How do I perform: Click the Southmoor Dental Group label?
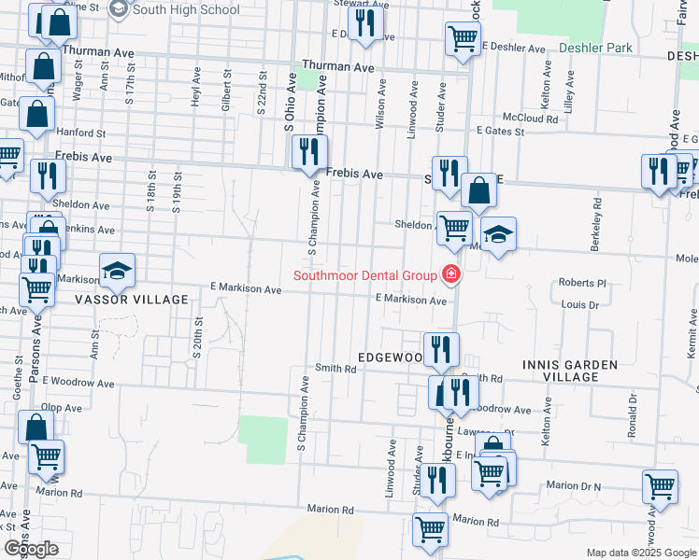(x=364, y=274)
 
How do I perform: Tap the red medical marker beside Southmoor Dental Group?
(x=451, y=274)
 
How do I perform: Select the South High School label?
(x=186, y=9)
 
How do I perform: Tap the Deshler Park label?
(x=595, y=48)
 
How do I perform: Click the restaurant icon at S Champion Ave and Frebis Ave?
(x=309, y=152)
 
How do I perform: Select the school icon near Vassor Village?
(x=117, y=271)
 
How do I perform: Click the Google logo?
(x=31, y=549)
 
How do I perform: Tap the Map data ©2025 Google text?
(x=641, y=553)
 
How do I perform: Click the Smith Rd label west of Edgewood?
(x=336, y=369)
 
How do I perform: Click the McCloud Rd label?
(x=530, y=119)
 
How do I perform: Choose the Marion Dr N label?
(x=574, y=485)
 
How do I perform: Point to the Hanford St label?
(x=78, y=133)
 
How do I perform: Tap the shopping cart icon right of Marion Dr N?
(x=660, y=487)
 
